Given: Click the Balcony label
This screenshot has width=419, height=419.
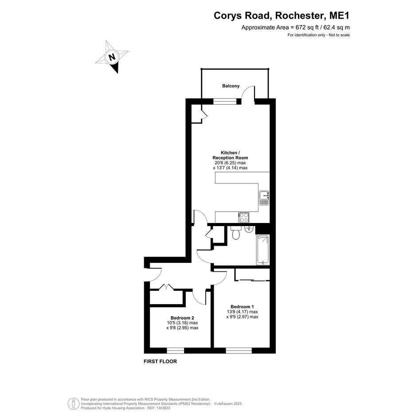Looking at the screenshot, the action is tap(231, 86).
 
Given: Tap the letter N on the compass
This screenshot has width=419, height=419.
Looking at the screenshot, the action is tap(112, 57).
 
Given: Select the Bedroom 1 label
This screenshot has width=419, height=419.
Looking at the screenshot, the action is tap(242, 306).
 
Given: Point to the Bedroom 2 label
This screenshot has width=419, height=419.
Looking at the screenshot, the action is tap(182, 318).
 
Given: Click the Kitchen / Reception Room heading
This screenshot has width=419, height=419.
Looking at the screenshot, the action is tap(230, 155).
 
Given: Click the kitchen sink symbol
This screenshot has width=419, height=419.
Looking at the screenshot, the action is tap(264, 198).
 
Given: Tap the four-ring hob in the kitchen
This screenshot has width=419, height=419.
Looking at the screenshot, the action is tap(244, 217).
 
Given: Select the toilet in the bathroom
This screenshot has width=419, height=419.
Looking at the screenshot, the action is tap(235, 233).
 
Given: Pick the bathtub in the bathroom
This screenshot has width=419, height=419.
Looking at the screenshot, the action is tap(262, 250).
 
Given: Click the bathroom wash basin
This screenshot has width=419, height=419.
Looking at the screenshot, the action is tap(249, 229).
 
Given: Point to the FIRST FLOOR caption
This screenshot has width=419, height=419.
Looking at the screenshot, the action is tap(161, 361).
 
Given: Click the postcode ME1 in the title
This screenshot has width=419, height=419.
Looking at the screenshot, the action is tap(339, 16).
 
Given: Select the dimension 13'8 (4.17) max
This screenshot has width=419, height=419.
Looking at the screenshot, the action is tap(242, 312).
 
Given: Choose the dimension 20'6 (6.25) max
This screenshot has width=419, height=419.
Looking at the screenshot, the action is tap(230, 163).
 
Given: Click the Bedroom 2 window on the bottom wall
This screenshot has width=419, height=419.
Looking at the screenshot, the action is tap(176, 350).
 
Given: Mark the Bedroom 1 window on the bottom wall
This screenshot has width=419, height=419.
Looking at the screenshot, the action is tap(239, 350).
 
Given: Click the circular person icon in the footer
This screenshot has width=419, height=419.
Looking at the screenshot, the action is tap(73, 403).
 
